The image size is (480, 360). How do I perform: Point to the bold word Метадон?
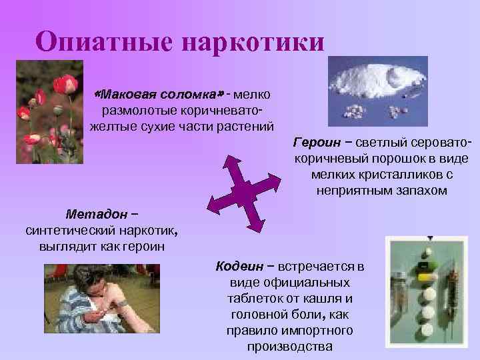coord(97,215)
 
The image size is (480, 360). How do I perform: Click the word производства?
coord(290,347)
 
